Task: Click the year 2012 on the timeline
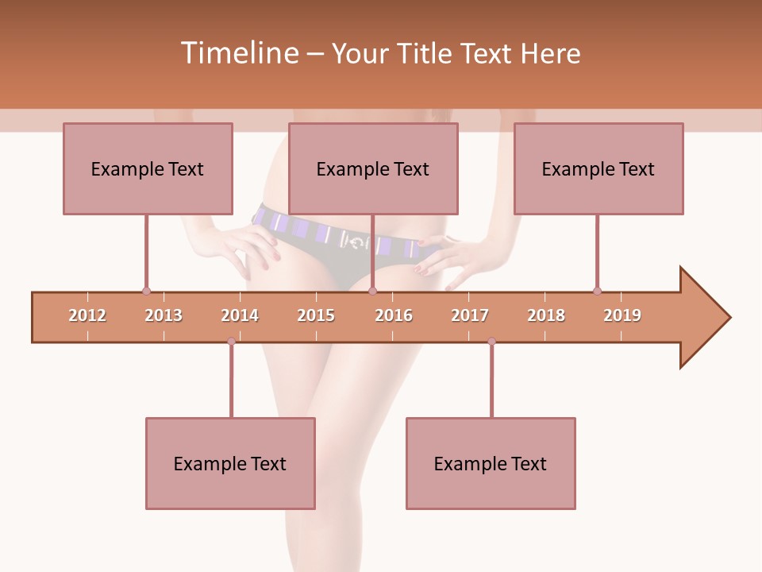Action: pyautogui.click(x=87, y=315)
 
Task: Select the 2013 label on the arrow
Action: pyautogui.click(x=164, y=315)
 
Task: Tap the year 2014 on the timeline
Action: pyautogui.click(x=240, y=315)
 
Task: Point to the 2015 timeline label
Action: pyautogui.click(x=316, y=315)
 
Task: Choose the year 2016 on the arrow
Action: pyautogui.click(x=394, y=315)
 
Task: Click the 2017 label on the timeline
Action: pyautogui.click(x=470, y=315)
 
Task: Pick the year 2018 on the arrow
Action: pyautogui.click(x=546, y=315)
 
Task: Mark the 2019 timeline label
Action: pyautogui.click(x=622, y=315)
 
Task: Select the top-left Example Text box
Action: pyautogui.click(x=148, y=168)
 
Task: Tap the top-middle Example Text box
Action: pyautogui.click(x=373, y=168)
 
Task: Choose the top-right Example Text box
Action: pyautogui.click(x=598, y=168)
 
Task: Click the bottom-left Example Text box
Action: pyautogui.click(x=230, y=463)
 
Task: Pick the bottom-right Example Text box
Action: pyautogui.click(x=491, y=463)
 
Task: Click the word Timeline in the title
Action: pyautogui.click(x=238, y=53)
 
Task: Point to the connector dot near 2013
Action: pyautogui.click(x=146, y=292)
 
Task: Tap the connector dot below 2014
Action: pyautogui.click(x=231, y=342)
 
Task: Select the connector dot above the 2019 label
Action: pyautogui.click(x=597, y=292)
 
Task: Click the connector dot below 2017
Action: pyautogui.click(x=491, y=342)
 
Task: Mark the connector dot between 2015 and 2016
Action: pyautogui.click(x=372, y=292)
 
